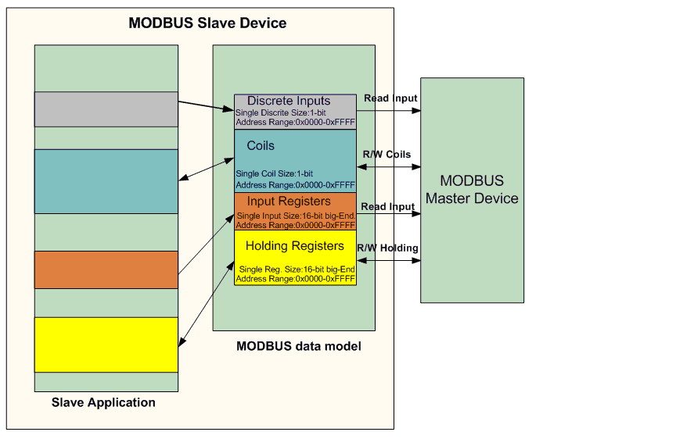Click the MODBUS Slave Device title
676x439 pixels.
click(207, 23)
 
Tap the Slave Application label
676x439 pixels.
click(103, 402)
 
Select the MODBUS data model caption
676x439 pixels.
click(299, 346)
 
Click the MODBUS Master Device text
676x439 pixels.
click(472, 189)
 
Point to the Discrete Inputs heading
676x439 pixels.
click(289, 101)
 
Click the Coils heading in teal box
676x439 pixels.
click(261, 145)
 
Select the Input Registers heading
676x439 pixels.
click(289, 201)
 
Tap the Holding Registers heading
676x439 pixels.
click(295, 246)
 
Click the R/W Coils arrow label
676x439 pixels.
click(387, 154)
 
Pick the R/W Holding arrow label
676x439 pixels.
click(387, 248)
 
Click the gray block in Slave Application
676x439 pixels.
click(106, 109)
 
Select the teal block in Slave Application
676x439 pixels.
click(106, 182)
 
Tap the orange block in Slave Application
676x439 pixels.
click(106, 269)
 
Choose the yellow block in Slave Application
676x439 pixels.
click(106, 344)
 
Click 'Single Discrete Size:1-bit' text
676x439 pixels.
click(281, 112)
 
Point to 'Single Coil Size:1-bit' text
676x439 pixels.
click(274, 174)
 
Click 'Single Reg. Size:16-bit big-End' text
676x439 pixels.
click(297, 269)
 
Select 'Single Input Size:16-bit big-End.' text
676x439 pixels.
click(297, 216)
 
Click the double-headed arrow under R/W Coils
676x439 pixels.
click(389, 166)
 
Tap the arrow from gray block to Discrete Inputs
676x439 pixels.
click(206, 106)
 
